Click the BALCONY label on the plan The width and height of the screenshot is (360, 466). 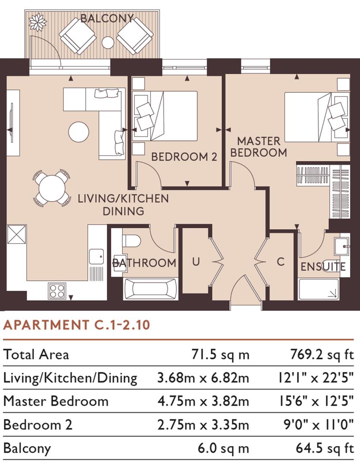point(107,19)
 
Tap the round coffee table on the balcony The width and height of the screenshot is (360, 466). point(108,42)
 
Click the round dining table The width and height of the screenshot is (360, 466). point(51,187)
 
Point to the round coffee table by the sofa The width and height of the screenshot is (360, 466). point(79,132)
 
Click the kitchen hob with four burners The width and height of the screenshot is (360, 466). point(57,290)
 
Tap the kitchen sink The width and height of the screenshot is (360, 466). point(97,256)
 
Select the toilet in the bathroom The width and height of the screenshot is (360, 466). point(131,240)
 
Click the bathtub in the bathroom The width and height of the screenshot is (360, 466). point(150,289)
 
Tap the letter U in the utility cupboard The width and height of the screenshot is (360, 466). point(196,261)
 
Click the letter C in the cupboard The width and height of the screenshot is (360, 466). point(281,261)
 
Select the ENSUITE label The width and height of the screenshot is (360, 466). point(323,266)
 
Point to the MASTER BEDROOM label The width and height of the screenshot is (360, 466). point(259,147)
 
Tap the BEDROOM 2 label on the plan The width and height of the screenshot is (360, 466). point(184,157)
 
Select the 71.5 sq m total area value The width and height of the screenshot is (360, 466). point(220,355)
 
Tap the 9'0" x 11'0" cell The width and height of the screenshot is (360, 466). point(316,425)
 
